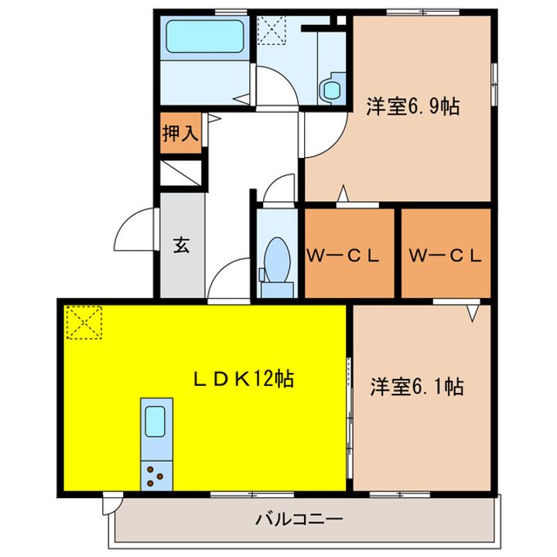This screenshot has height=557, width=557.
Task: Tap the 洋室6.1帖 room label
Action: point(416,387)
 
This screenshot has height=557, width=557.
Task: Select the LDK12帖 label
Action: point(242,379)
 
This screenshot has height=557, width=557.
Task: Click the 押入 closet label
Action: point(180,133)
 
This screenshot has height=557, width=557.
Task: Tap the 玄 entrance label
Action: point(181,246)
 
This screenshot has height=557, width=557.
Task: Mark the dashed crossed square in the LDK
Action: point(85,322)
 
